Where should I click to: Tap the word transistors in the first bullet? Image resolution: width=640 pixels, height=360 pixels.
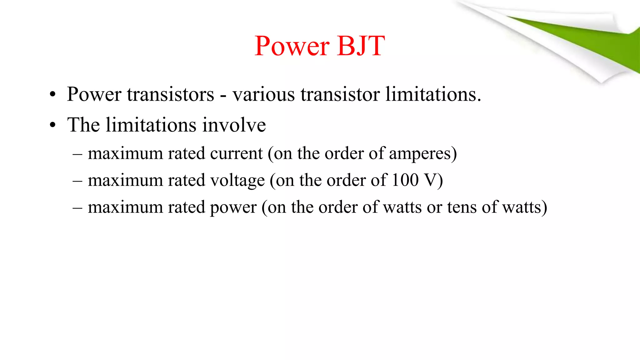click(x=171, y=94)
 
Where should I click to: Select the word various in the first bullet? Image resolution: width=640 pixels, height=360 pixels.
click(x=263, y=94)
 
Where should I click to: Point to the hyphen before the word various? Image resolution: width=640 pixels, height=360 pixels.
click(x=223, y=95)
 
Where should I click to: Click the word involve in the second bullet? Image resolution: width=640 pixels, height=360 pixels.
click(x=234, y=125)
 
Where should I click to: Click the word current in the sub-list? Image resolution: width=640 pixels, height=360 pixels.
click(x=236, y=153)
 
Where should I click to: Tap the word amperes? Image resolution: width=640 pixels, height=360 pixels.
click(x=420, y=154)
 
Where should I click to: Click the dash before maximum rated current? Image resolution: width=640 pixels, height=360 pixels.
click(x=77, y=154)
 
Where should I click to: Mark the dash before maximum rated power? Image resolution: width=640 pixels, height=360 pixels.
click(x=77, y=207)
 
